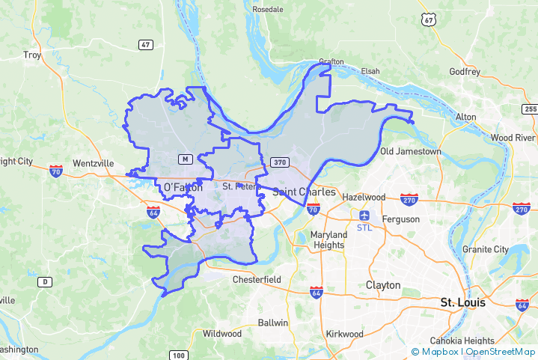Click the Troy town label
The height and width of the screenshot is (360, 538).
[32, 55]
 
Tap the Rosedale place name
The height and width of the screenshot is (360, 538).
[268, 9]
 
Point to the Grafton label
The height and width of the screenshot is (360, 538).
[331, 61]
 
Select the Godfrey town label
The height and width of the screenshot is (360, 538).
[464, 72]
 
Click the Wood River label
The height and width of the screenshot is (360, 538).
[513, 138]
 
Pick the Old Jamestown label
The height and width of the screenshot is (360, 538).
[410, 151]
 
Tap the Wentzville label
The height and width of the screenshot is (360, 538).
[93, 162]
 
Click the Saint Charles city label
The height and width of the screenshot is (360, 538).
[303, 192]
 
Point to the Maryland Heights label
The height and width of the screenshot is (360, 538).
[328, 240]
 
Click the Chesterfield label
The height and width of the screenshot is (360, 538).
[256, 280]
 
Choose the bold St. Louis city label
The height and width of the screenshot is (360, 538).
[462, 302]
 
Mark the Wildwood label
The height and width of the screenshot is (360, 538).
[222, 333]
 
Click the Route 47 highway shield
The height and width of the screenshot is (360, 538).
[146, 45]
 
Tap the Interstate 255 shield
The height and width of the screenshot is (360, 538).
[530, 109]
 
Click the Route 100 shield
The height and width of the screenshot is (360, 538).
[178, 355]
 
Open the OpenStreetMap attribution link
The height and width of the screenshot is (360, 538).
[500, 351]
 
